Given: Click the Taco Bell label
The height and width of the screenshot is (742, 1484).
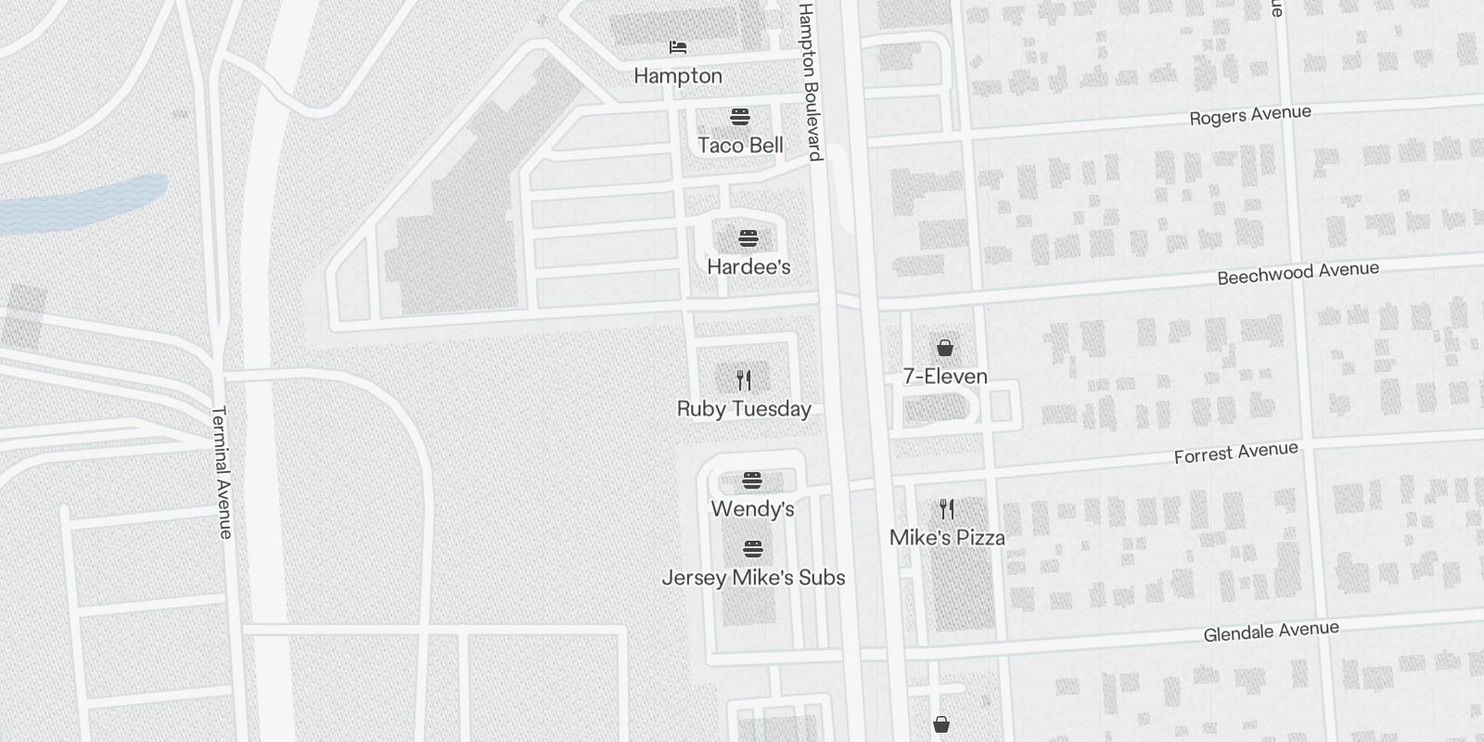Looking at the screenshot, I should [740, 146].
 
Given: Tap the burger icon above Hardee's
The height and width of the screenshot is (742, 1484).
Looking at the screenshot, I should [748, 238].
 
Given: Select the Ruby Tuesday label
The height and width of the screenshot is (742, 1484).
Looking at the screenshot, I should [744, 409].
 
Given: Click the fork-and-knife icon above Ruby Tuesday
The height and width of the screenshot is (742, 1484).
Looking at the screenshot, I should [744, 380].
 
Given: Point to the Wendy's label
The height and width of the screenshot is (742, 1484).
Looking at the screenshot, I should [752, 509].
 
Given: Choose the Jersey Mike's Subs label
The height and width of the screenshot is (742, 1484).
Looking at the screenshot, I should [753, 578].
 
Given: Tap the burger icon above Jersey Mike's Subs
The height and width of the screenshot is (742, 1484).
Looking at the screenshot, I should [753, 549].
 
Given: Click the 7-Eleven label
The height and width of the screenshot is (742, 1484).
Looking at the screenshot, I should [945, 377].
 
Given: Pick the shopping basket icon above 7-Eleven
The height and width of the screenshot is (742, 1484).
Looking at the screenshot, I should [944, 348].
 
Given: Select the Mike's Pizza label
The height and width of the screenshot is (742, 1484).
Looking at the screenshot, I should [947, 538].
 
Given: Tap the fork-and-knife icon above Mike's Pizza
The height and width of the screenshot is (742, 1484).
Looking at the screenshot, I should [947, 508].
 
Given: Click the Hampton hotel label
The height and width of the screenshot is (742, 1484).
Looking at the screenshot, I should [678, 76].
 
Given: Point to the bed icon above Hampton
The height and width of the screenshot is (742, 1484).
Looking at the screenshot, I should [678, 46].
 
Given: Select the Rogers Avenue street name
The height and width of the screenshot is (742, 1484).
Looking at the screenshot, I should [1250, 116].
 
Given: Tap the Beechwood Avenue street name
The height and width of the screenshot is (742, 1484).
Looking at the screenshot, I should [1298, 273].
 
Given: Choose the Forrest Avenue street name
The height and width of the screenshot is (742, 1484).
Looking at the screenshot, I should [1235, 454].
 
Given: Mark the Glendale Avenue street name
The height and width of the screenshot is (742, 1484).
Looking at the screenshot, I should [1271, 632].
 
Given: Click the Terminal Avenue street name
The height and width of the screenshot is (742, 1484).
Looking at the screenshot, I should [223, 472].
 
